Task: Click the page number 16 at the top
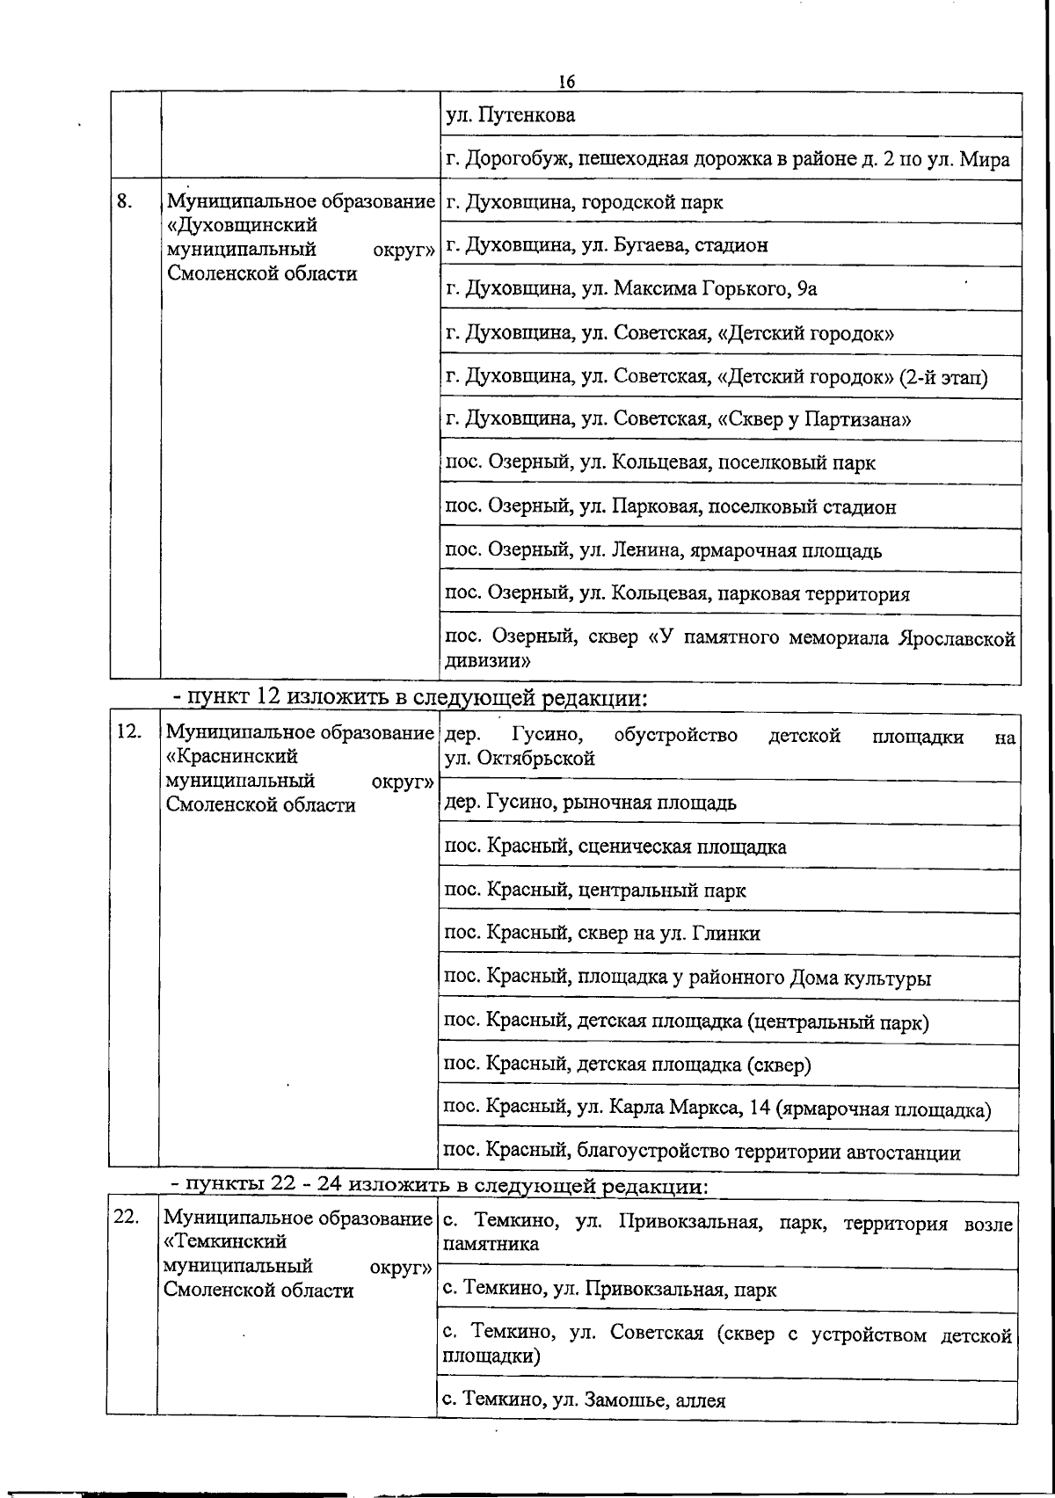(565, 81)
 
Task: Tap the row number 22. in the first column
(127, 1217)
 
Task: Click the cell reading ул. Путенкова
(511, 115)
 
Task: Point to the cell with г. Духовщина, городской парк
(585, 202)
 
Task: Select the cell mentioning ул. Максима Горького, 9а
(631, 289)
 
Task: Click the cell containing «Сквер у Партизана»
(678, 419)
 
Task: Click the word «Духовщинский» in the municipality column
(241, 225)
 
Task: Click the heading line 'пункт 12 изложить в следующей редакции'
(410, 698)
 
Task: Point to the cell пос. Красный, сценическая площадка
(615, 847)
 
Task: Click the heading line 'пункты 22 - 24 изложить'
(440, 1186)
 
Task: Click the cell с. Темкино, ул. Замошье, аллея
(584, 1400)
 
